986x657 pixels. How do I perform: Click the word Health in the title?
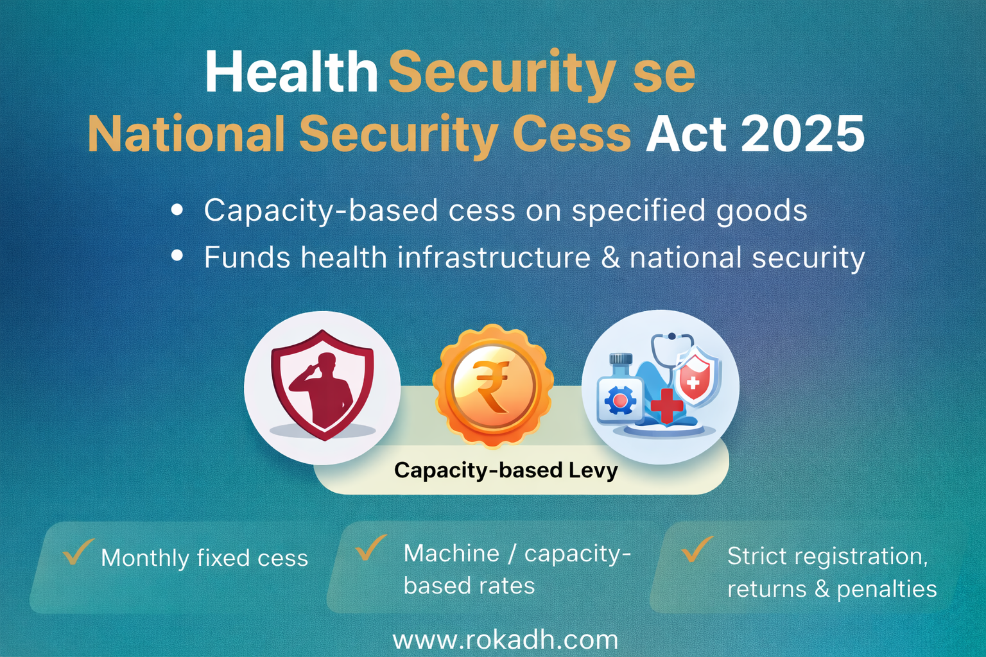pos(291,72)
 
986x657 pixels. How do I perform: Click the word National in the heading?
pos(186,134)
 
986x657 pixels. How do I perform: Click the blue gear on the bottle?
pos(620,402)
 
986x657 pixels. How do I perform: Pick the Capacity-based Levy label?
pos(506,470)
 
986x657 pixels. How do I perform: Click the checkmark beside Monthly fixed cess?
pos(78,551)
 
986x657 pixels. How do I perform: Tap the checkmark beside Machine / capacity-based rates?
pos(371,547)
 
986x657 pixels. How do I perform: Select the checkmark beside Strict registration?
pos(696,549)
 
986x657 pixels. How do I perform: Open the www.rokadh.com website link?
pos(505,640)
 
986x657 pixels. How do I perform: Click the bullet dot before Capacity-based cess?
pos(178,210)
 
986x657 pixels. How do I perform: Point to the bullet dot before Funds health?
pos(178,257)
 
